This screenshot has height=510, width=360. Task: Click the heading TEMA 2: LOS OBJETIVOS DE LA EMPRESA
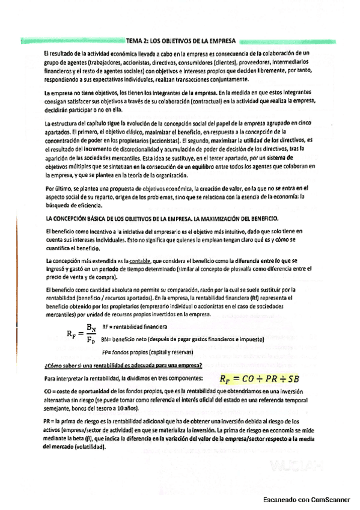[181, 41]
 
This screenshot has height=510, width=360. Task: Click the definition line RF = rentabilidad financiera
[135, 327]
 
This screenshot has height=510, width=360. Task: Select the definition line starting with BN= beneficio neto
[174, 339]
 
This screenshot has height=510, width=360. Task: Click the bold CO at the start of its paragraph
[49, 390]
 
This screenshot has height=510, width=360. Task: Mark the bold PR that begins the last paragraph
[49, 422]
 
